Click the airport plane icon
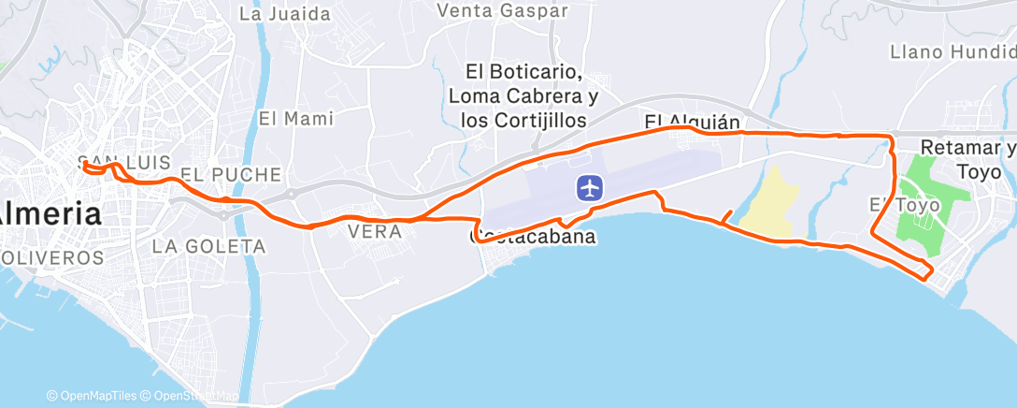click(x=589, y=188)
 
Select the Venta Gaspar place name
click(x=503, y=10)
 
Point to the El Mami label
click(x=296, y=119)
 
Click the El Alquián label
click(x=692, y=122)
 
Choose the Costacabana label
click(x=533, y=238)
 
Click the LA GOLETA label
click(x=208, y=247)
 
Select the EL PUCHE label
click(x=231, y=175)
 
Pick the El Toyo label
click(x=893, y=205)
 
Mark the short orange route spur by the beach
click(x=726, y=214)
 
